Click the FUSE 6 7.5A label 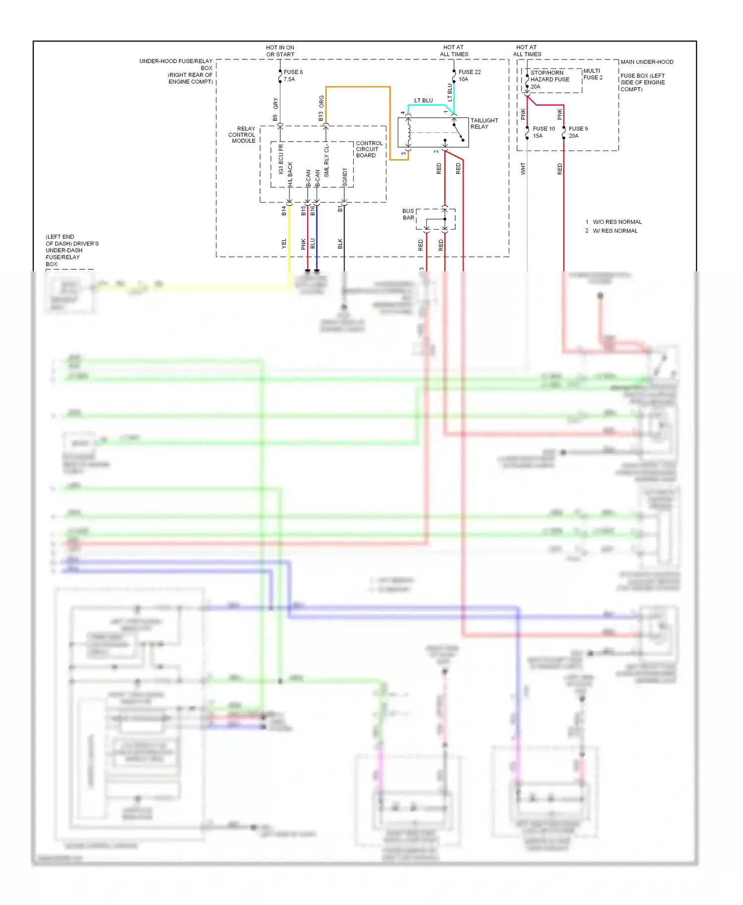(293, 75)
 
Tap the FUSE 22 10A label (469, 75)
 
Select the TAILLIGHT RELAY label (484, 123)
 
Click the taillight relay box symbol (432, 132)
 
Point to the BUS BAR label (408, 214)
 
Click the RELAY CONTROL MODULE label (242, 135)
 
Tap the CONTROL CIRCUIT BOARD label (369, 149)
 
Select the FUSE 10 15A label (543, 132)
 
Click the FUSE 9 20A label (578, 132)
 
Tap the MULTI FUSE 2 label (592, 74)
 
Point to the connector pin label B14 (284, 211)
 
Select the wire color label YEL (284, 244)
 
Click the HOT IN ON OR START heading (280, 51)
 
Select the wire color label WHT (523, 169)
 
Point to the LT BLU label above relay (423, 101)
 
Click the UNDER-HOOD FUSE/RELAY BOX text (176, 71)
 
